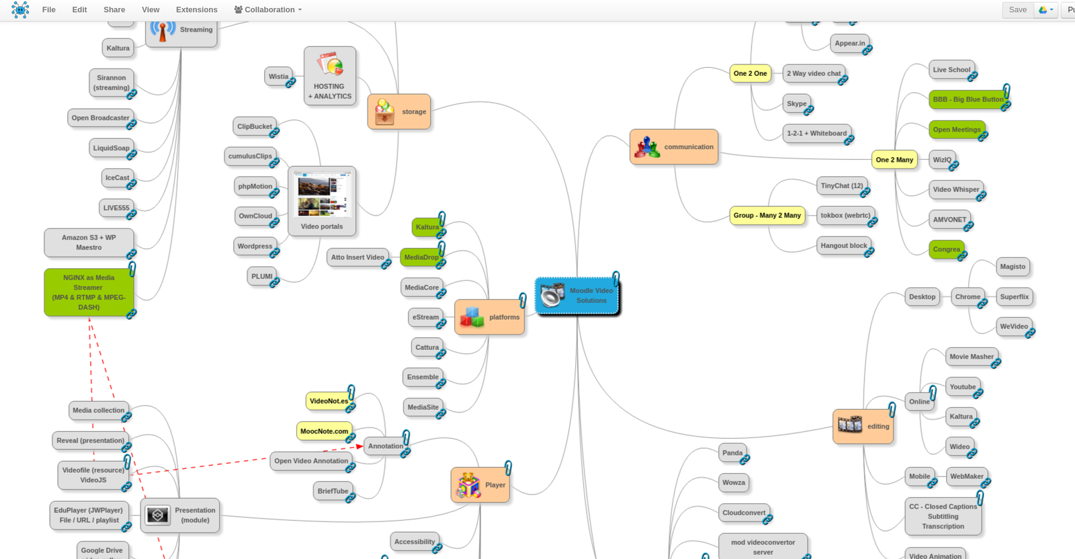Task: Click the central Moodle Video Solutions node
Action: (578, 296)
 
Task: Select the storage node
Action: (399, 112)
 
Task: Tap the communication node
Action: (674, 147)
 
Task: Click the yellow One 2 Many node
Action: (894, 160)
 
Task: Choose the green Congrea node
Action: (946, 249)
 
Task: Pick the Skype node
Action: (796, 103)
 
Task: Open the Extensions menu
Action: (196, 10)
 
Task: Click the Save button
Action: (1017, 10)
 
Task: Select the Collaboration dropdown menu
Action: (268, 10)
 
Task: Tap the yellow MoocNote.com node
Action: (324, 431)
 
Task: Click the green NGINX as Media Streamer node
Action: (89, 292)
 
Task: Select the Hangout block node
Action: (843, 246)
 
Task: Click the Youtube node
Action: (962, 387)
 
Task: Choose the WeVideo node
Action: (1013, 327)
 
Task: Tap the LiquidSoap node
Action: (111, 148)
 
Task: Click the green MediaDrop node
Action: (421, 257)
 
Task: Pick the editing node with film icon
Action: (863, 426)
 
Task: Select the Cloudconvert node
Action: (744, 513)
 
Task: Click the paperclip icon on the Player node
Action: (509, 468)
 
